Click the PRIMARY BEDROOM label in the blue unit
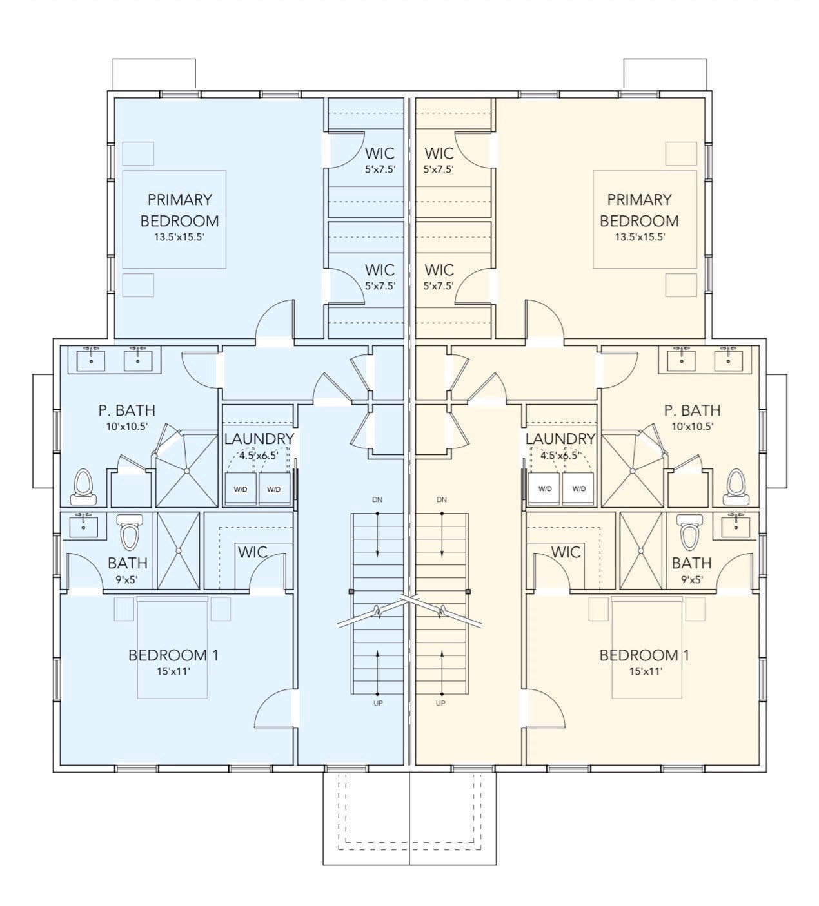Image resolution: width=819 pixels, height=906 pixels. pos(180,210)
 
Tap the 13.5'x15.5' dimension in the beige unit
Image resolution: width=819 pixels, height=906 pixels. pos(640,237)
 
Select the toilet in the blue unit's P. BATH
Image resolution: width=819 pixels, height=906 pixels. pos(83,488)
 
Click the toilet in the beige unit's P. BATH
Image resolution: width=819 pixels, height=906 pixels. pos(736,488)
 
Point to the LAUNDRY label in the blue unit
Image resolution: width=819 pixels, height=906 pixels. pos(259,439)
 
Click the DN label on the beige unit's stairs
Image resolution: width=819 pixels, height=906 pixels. pos(442,499)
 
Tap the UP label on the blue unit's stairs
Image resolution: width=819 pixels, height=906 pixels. pos(379,703)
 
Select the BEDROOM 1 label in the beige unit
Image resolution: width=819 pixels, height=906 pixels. pos(644,655)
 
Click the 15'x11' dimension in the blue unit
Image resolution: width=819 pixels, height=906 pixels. pos(173,671)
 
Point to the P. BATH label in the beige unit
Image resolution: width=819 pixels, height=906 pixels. pos(693,410)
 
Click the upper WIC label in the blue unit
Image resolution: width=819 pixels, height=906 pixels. pos(380,153)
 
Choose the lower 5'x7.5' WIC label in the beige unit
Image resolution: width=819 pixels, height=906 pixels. pos(439,286)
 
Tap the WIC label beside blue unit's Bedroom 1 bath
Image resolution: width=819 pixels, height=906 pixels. pos(253,552)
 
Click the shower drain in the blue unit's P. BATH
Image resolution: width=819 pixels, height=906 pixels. pos(186,471)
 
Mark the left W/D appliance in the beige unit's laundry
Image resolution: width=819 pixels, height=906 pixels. pos(545,488)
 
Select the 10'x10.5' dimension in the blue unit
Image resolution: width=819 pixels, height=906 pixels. pos(127,427)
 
